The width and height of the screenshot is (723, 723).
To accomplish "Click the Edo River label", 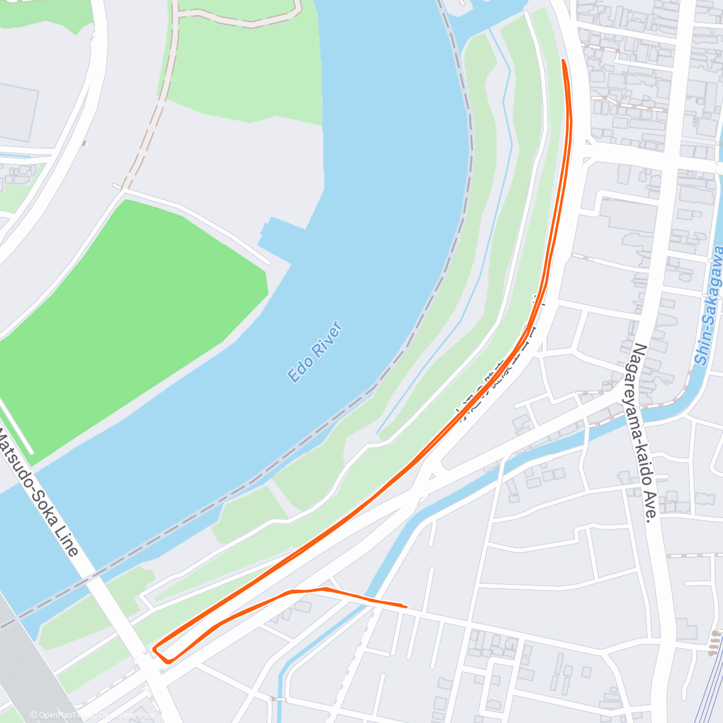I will coord(315,352).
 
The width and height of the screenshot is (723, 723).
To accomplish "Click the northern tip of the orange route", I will coord(563,61).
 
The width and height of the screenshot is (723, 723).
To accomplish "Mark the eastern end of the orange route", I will coord(405,606).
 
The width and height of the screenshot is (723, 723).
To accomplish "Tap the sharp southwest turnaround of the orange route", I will coord(155,649).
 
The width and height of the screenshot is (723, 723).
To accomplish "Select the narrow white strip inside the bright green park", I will coord(16,428).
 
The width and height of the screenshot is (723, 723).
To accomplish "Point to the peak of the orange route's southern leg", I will coord(325,589).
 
